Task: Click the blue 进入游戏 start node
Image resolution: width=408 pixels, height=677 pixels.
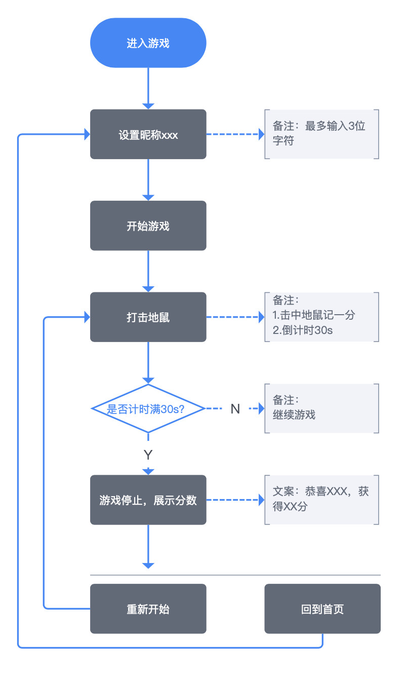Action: point(148,43)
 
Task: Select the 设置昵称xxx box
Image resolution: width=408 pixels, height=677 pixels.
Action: point(148,135)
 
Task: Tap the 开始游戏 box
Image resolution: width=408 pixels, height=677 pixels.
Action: point(148,226)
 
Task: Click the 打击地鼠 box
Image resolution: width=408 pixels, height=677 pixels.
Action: point(148,318)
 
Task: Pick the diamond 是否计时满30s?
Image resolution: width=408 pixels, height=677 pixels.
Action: point(148,408)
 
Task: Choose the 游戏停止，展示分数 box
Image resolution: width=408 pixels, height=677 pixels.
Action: point(148,500)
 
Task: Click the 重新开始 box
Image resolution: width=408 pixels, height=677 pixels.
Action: point(148,609)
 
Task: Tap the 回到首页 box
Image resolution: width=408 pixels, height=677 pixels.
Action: point(322,609)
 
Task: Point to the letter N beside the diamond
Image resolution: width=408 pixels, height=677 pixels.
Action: point(235,409)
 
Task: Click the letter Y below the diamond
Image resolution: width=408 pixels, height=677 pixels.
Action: point(148,455)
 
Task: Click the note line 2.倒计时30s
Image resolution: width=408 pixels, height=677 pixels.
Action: point(303,330)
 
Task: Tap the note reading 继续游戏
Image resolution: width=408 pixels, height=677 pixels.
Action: point(294,415)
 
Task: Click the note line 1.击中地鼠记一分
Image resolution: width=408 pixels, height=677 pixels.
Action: point(314,315)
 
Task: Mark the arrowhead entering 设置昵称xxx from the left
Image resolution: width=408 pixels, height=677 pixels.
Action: point(87,135)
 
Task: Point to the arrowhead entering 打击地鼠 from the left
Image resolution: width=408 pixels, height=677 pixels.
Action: point(87,318)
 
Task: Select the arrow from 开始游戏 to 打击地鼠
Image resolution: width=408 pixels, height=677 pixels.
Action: point(148,271)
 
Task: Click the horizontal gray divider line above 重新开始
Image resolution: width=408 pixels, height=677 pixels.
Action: point(235,575)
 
